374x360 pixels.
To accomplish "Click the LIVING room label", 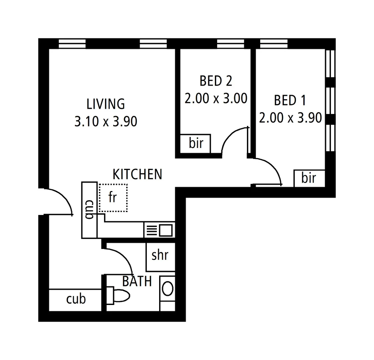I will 105,104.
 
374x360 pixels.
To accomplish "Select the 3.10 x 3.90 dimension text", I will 105,122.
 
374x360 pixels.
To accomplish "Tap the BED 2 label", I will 216,81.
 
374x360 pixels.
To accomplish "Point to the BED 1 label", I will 290,100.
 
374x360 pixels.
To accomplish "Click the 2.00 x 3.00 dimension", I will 216,99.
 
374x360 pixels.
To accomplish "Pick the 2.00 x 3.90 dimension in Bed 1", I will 290,118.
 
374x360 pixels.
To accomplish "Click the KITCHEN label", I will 137,174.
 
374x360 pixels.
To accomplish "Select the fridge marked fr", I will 113,197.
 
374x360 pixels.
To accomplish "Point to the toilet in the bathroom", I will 119,295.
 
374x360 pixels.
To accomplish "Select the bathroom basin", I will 167,289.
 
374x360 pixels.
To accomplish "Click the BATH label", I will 137,282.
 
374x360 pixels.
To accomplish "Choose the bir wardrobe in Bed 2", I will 196,144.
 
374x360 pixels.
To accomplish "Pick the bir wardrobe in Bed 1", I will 309,178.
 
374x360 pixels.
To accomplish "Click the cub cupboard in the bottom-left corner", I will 76,299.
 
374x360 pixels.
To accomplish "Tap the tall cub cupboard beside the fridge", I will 89,210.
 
